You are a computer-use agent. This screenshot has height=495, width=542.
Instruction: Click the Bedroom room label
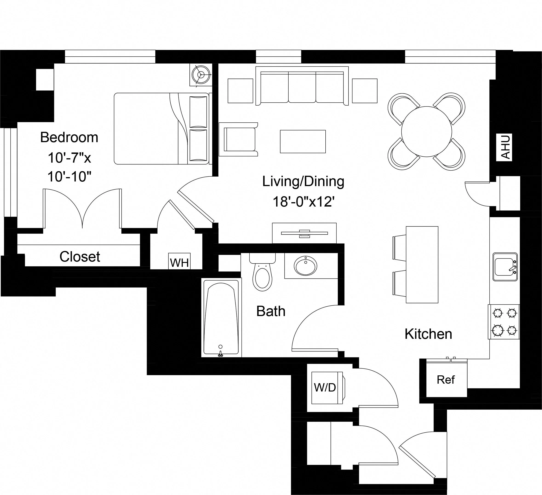coord(69,137)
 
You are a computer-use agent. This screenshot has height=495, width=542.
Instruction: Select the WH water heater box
coord(179,261)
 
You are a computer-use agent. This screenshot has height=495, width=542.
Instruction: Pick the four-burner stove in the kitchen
coord(504,322)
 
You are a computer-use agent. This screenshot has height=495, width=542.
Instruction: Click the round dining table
coord(426,132)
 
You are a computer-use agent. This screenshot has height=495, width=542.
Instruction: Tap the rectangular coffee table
coord(303,141)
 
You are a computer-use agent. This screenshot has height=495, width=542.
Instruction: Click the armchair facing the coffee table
coord(238,139)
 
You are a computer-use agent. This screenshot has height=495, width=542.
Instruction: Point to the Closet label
coord(80,256)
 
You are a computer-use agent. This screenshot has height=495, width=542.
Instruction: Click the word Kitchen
coord(428,334)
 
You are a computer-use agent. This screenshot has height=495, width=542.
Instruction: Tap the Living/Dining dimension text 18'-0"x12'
coord(303,201)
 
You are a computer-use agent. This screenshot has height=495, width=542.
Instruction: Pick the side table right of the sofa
coord(365,91)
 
